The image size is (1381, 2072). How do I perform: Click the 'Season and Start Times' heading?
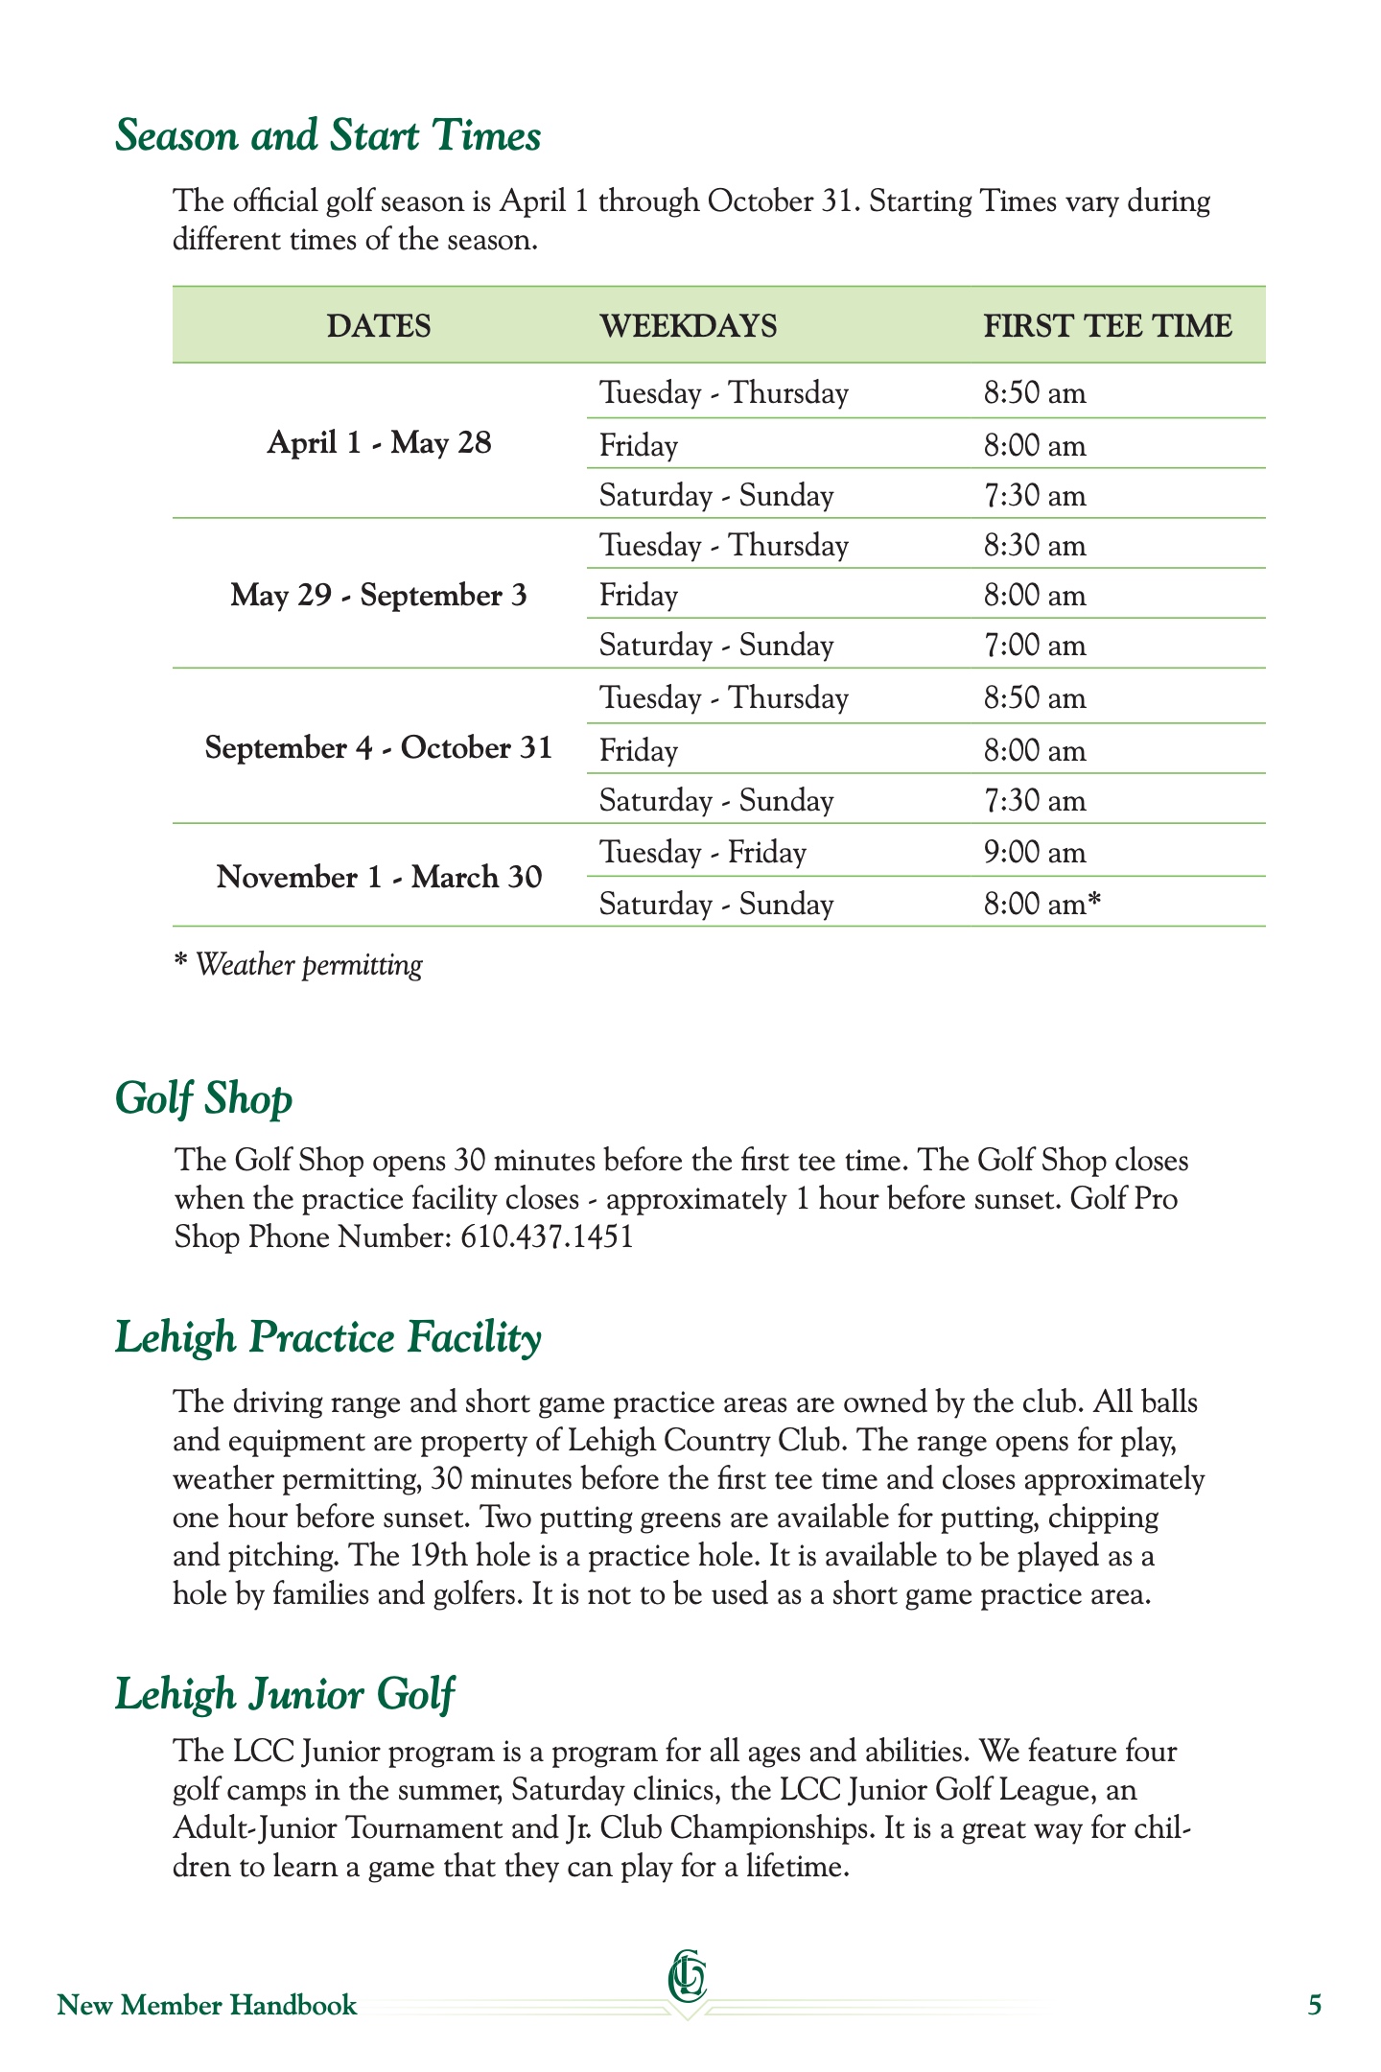328,135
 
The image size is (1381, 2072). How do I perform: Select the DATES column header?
379,326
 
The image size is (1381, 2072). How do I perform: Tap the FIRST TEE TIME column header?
1108,326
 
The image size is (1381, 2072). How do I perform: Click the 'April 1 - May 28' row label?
379,443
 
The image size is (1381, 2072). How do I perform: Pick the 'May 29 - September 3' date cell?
379,596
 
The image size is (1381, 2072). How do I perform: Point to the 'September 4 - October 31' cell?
379,748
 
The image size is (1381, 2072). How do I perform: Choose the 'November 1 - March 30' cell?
379,878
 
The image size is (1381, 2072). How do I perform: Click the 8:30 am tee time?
1035,546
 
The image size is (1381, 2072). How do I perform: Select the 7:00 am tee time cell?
1035,646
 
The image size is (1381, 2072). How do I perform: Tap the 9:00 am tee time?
1035,853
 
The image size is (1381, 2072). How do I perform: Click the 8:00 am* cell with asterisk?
1042,905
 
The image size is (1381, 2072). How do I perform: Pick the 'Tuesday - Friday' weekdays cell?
703,853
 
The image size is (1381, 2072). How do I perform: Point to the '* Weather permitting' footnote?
298,965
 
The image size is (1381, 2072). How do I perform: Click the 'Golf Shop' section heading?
203,1098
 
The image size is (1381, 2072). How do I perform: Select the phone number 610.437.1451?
548,1237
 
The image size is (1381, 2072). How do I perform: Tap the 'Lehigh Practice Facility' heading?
328,1338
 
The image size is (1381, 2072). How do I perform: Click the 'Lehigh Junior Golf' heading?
285,1694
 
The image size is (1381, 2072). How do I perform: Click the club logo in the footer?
688,1979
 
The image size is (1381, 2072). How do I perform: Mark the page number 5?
1315,2006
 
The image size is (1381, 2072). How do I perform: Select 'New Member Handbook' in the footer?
207,2006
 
